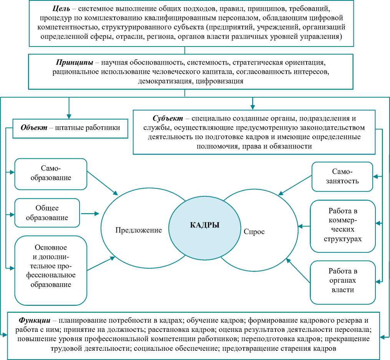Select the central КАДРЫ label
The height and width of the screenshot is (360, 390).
(x=205, y=226)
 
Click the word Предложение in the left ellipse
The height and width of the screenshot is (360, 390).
(x=138, y=230)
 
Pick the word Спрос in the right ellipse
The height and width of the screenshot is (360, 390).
(x=254, y=232)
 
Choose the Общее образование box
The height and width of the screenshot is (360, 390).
(x=47, y=212)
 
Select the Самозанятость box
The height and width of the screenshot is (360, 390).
(x=342, y=176)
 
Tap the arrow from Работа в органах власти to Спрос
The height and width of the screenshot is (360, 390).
(x=297, y=272)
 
